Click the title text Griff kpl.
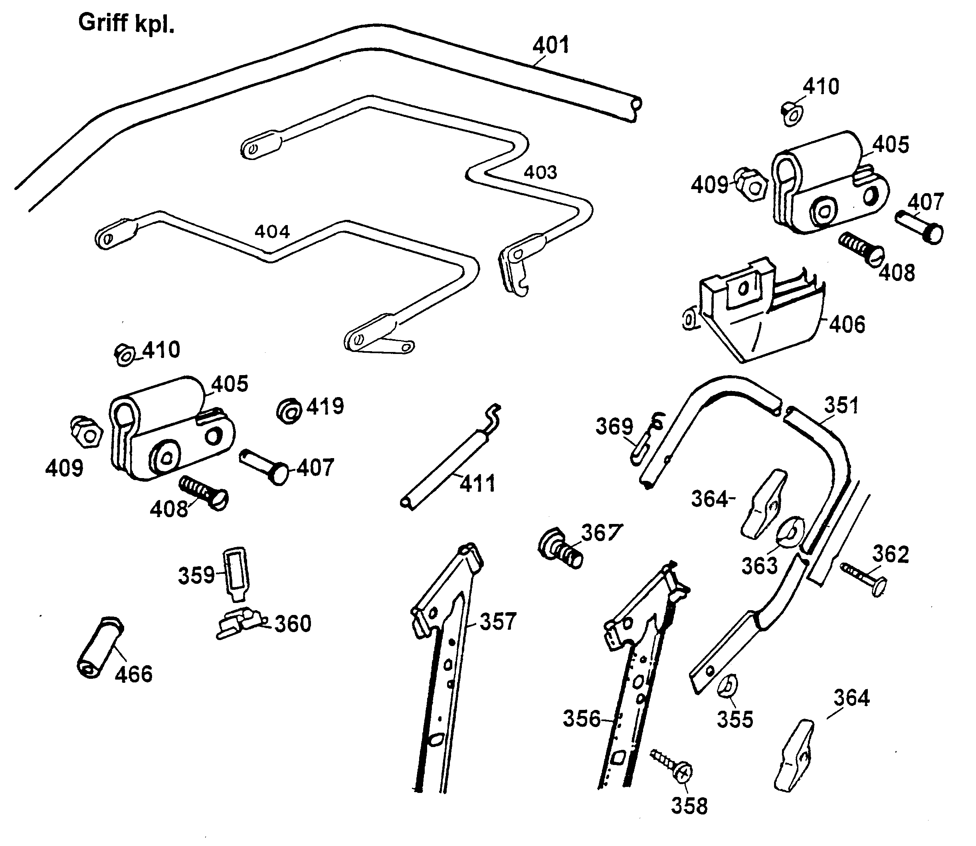click(x=126, y=23)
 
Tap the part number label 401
click(x=551, y=46)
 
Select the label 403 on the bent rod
click(x=540, y=172)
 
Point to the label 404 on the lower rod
click(x=272, y=232)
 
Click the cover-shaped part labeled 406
click(x=760, y=316)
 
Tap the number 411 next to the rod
click(x=477, y=484)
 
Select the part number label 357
click(x=498, y=622)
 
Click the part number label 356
click(x=582, y=719)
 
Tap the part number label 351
click(x=841, y=405)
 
